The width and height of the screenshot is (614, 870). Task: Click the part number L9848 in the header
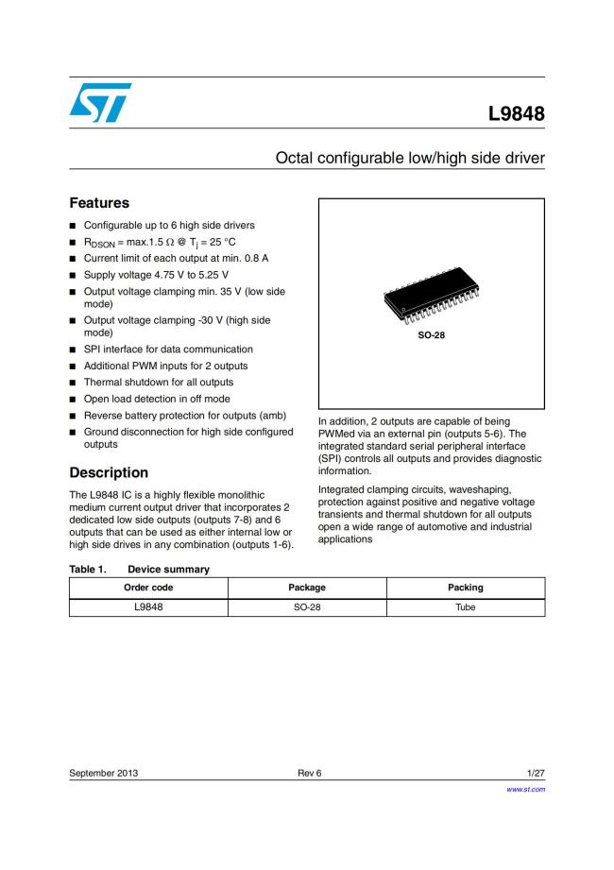[516, 114]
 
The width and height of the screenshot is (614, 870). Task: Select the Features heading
[99, 203]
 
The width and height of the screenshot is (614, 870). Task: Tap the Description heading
[109, 472]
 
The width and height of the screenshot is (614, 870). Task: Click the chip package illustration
[431, 298]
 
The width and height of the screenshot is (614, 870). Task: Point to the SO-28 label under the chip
[431, 334]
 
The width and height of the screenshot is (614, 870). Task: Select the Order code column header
[148, 588]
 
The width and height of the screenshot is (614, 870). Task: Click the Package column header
[307, 588]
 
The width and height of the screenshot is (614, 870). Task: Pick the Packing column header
[466, 588]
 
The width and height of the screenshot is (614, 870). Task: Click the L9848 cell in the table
[148, 606]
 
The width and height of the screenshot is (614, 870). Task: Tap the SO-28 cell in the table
[307, 606]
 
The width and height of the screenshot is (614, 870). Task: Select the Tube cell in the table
[466, 606]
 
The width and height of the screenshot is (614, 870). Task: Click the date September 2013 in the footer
[104, 774]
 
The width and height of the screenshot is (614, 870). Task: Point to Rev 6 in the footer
[309, 774]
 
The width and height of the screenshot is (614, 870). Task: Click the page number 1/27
[536, 774]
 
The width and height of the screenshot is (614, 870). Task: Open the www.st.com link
[526, 789]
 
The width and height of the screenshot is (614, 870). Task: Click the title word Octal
[295, 158]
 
